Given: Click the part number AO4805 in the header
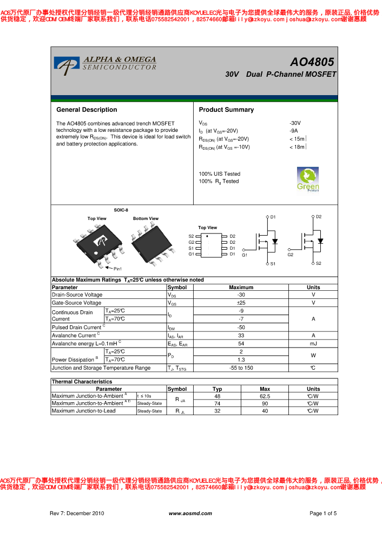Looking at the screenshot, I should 312,62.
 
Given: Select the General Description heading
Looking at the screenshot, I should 87,110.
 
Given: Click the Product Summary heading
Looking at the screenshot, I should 226,110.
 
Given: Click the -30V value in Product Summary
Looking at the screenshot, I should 295,123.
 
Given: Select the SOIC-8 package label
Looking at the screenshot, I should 121,210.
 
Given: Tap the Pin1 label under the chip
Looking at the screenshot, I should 117,269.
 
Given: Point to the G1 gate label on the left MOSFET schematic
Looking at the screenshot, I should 245,255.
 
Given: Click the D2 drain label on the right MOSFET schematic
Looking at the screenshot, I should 319,217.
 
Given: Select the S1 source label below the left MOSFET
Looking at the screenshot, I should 273,264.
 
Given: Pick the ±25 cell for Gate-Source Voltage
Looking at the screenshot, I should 241,303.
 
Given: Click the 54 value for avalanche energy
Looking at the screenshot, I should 241,344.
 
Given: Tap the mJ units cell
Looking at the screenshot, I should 313,344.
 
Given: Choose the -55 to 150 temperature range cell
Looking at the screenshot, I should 241,368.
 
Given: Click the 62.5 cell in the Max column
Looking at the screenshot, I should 265,396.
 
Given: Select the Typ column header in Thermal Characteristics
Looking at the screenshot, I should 217,389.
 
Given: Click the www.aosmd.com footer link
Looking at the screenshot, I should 190,514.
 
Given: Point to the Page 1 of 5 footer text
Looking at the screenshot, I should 323,514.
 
